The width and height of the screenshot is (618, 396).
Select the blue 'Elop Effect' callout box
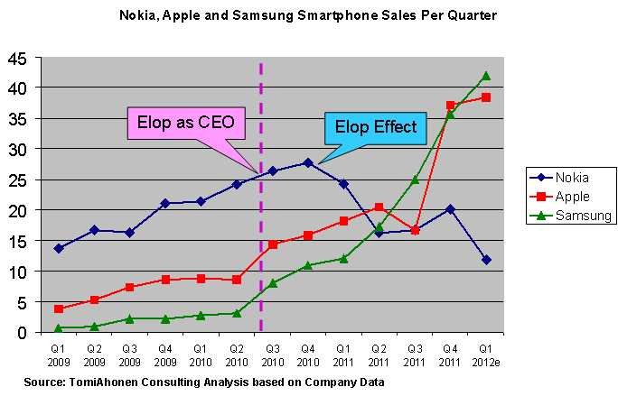pyautogui.click(x=377, y=127)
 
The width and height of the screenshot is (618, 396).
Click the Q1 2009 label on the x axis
pyautogui.click(x=59, y=355)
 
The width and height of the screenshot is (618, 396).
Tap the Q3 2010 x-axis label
pyautogui.click(x=273, y=355)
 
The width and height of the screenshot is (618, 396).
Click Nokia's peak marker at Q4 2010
pyautogui.click(x=308, y=162)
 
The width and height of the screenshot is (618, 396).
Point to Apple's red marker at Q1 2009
pyautogui.click(x=59, y=309)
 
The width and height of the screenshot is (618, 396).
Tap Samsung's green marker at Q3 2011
pyautogui.click(x=415, y=180)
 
